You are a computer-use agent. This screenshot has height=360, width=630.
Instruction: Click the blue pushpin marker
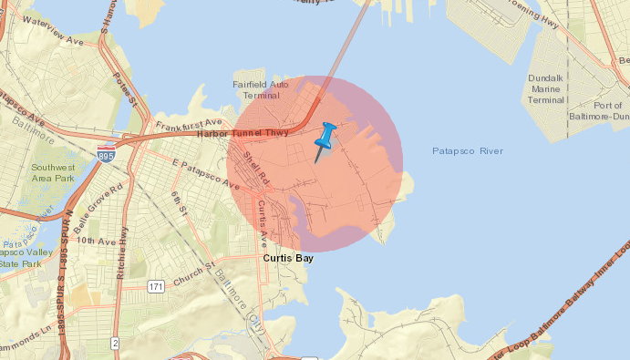click(x=325, y=138)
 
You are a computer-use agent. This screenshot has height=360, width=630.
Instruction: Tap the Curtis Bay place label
click(x=291, y=258)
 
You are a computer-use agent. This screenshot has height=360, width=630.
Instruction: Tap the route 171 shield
click(x=156, y=287)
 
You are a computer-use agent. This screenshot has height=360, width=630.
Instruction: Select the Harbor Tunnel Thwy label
click(x=243, y=133)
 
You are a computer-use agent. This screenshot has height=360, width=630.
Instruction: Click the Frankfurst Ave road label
click(x=189, y=123)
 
